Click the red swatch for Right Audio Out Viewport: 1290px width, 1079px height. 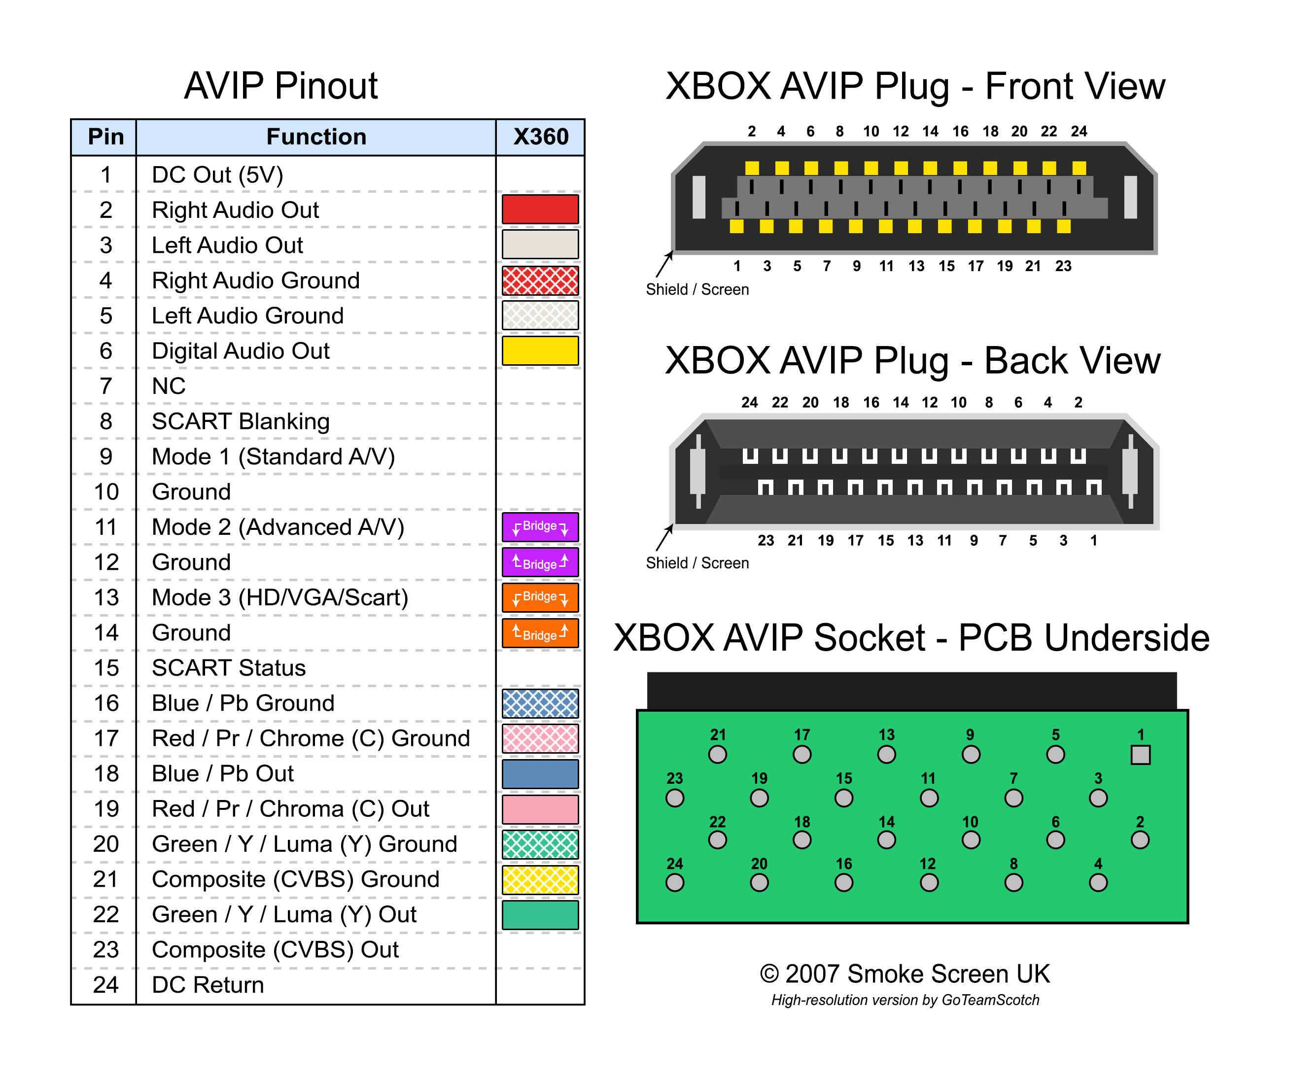(x=540, y=209)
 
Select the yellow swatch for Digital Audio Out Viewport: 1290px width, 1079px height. (x=540, y=350)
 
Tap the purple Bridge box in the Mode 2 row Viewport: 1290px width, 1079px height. (x=540, y=527)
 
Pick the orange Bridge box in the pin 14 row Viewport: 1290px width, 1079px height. (x=540, y=632)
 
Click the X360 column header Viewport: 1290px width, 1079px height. (x=541, y=137)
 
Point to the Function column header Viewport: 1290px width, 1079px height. (x=316, y=137)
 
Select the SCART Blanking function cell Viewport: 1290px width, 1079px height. (x=241, y=421)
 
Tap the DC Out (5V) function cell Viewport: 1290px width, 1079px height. (x=217, y=174)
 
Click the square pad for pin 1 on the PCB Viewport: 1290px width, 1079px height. (x=1140, y=755)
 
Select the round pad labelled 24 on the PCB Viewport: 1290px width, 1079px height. (x=674, y=882)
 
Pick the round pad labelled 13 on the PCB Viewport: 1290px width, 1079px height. (x=886, y=754)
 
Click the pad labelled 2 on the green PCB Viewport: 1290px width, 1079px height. (x=1140, y=839)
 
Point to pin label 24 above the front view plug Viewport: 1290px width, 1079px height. (x=1080, y=132)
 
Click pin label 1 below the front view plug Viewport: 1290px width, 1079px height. (x=737, y=266)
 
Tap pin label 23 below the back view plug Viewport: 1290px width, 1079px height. (x=766, y=540)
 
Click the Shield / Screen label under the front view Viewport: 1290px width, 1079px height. (x=697, y=289)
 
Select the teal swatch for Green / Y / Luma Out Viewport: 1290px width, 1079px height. (x=540, y=914)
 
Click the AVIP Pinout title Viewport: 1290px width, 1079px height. (x=281, y=85)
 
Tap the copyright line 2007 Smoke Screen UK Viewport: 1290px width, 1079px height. (x=905, y=974)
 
